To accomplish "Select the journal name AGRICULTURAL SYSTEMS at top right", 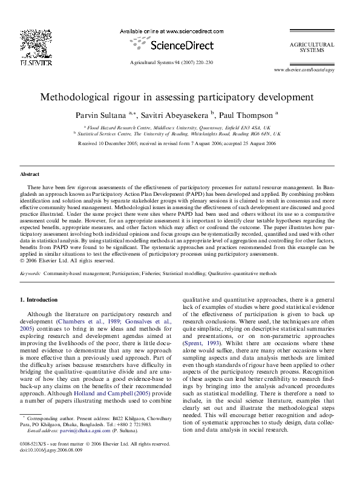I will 312,47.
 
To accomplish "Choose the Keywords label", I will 30,273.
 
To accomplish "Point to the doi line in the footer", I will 51,467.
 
